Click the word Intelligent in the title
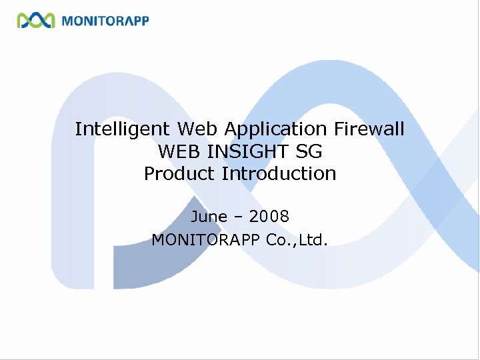coord(123,129)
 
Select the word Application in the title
coord(275,129)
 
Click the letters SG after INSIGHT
coord(311,151)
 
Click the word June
coord(209,217)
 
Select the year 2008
coord(269,217)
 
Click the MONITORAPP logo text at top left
coord(105,21)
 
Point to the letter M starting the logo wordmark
coord(67,21)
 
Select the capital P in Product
coord(150,174)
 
